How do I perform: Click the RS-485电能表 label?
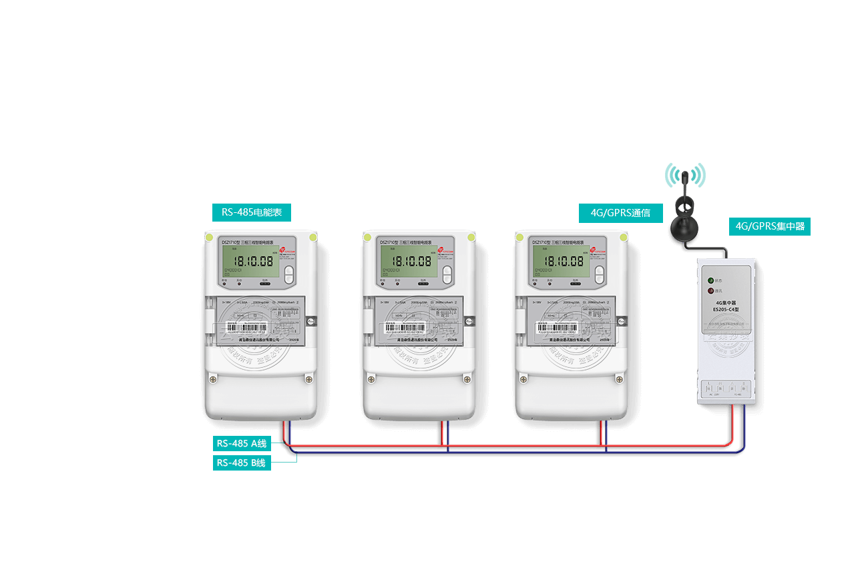tap(251, 214)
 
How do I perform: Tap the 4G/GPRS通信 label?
tap(620, 214)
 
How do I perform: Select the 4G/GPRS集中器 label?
tap(769, 226)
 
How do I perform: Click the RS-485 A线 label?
tap(242, 443)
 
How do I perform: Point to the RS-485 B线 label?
tap(242, 463)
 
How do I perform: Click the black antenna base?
tap(684, 226)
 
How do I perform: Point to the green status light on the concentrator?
tap(710, 281)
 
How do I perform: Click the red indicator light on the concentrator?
tap(710, 290)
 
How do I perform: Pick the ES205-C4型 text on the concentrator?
tap(726, 310)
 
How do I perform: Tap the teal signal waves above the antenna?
tap(685, 175)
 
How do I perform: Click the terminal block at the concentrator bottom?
tap(726, 388)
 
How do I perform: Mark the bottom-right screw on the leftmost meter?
tap(308, 379)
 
